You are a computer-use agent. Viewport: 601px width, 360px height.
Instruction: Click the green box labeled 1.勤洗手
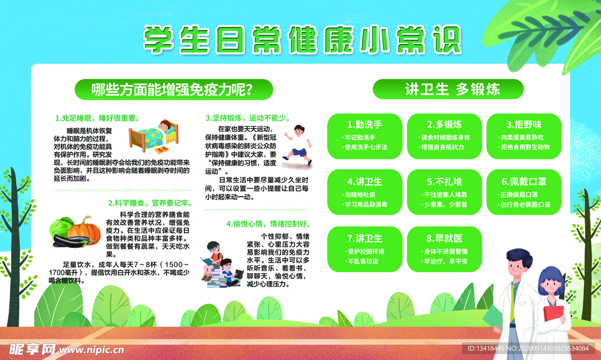364,136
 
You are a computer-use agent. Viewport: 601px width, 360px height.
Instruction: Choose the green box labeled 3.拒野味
524,136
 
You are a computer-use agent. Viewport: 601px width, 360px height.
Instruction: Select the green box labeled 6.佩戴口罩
524,192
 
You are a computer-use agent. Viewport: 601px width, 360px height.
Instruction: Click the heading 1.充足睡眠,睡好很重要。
95,117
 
